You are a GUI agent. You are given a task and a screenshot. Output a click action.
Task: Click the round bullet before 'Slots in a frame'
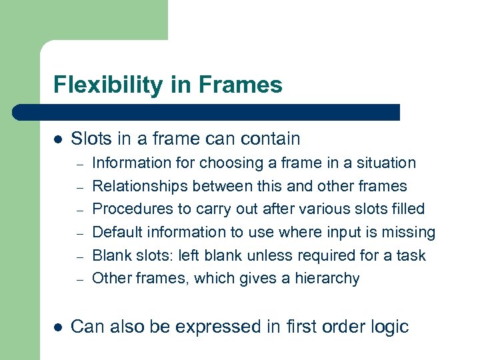click(x=58, y=139)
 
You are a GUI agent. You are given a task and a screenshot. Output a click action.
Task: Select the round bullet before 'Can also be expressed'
click(x=58, y=327)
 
